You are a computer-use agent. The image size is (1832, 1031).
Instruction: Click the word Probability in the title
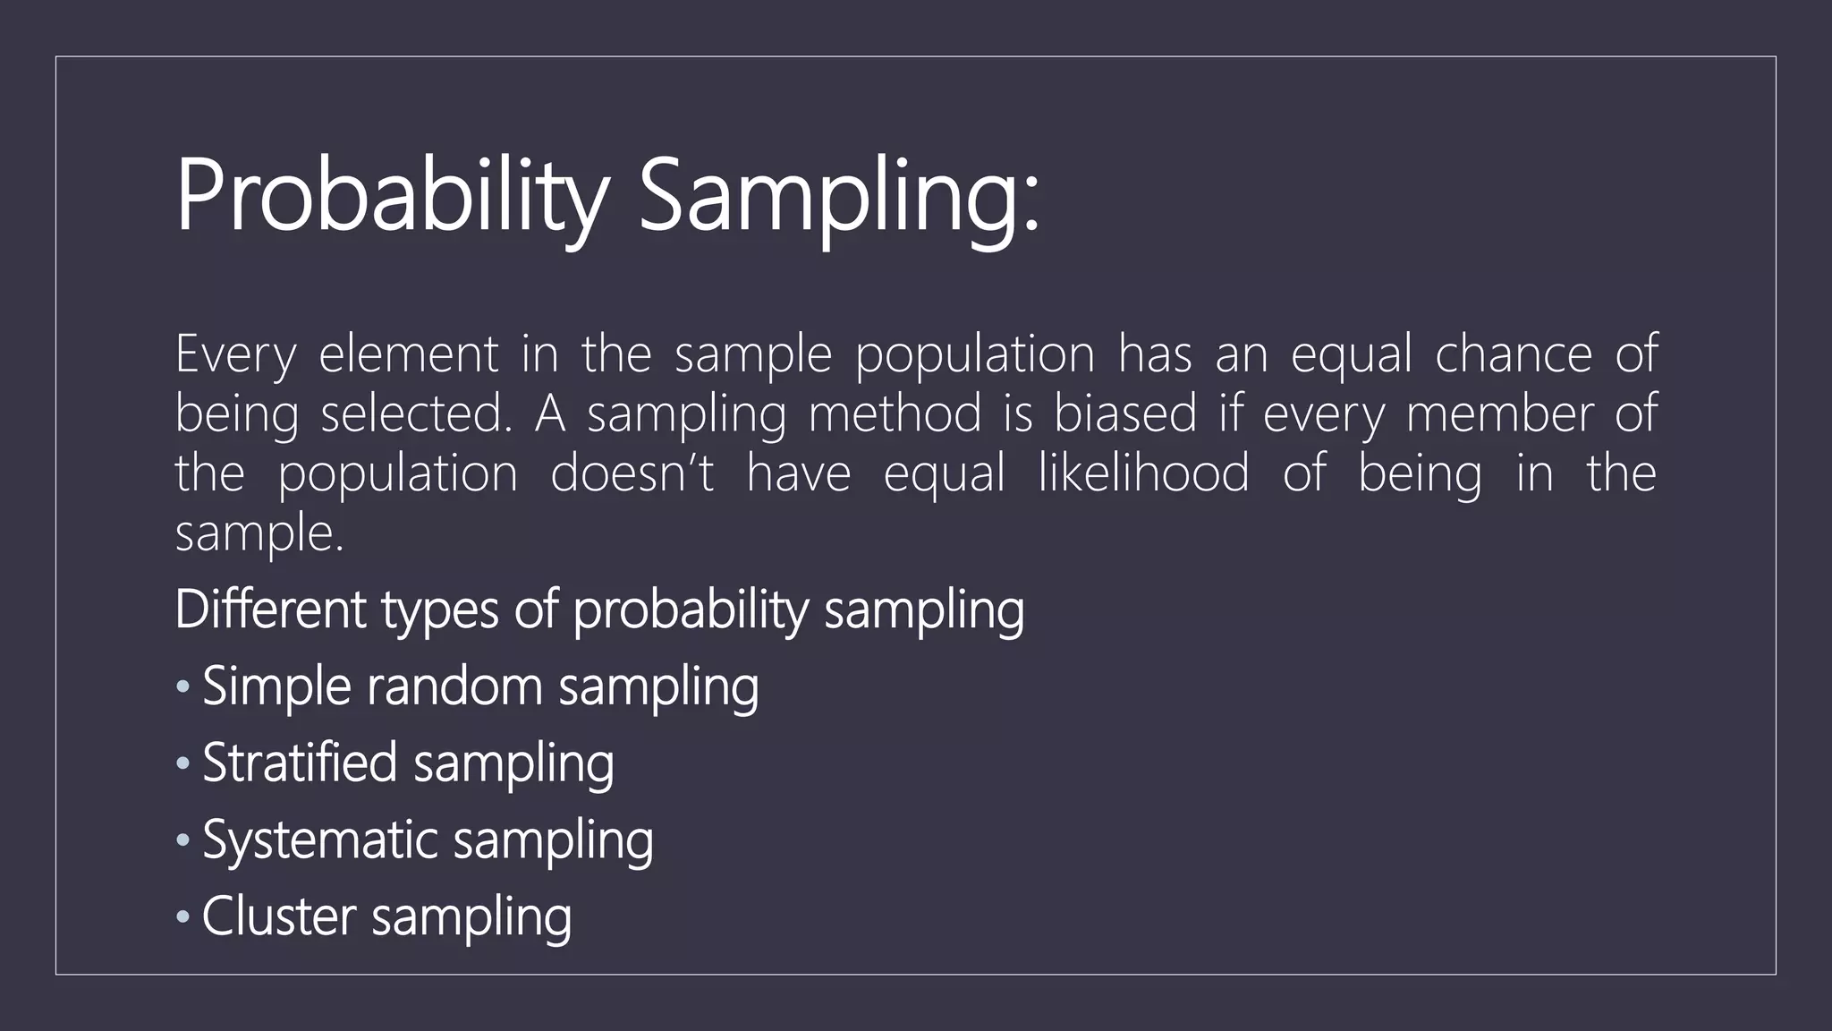click(x=392, y=197)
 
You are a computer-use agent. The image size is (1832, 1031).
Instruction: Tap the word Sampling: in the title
click(x=839, y=197)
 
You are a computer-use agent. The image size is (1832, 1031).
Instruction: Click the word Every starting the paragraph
click(x=234, y=354)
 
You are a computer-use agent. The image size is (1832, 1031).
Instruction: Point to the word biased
click(x=1124, y=414)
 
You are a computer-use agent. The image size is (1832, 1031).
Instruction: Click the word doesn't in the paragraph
click(x=632, y=473)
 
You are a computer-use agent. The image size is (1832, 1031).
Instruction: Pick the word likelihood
click(x=1143, y=473)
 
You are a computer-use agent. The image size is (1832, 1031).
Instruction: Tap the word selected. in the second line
click(x=416, y=414)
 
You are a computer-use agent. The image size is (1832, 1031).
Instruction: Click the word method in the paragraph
click(x=895, y=414)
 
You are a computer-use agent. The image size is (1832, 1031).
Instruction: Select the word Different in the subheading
click(x=270, y=610)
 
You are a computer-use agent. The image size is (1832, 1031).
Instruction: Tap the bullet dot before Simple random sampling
click(x=183, y=687)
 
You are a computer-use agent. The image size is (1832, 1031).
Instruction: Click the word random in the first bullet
click(x=454, y=687)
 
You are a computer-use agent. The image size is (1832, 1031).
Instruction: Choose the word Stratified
click(x=299, y=763)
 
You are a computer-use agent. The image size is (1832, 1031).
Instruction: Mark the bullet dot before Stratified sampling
click(x=183, y=764)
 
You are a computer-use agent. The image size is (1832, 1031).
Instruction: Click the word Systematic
click(x=319, y=841)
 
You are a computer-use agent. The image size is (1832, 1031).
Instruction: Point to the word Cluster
click(x=278, y=917)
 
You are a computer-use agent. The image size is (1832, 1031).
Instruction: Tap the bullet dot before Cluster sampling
click(x=183, y=917)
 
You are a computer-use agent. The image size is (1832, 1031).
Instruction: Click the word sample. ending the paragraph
click(x=259, y=534)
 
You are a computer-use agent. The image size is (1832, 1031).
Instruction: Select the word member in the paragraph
click(x=1499, y=414)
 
